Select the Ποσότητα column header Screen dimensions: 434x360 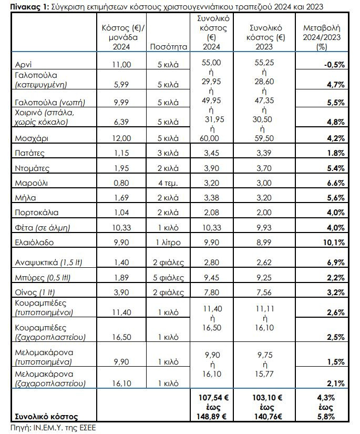pyautogui.click(x=169, y=46)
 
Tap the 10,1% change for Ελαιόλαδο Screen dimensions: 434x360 pyautogui.click(x=334, y=243)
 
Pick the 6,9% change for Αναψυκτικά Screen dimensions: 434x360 pyautogui.click(x=334, y=261)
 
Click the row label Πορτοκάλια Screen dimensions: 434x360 pyautogui.click(x=37, y=213)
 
